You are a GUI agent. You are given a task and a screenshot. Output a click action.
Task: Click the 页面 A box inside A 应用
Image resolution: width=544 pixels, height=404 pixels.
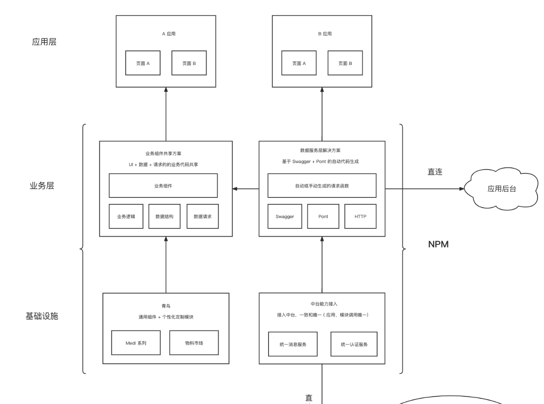tap(143, 63)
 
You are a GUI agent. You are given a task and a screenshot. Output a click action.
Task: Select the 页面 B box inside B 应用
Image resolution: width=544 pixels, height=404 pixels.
tap(345, 63)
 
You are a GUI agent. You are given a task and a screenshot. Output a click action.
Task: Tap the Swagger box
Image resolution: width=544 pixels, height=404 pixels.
tap(284, 216)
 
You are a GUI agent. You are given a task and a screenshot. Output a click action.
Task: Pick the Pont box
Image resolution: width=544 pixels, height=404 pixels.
tap(323, 216)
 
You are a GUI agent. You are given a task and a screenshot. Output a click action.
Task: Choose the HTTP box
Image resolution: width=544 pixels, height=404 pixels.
tap(360, 216)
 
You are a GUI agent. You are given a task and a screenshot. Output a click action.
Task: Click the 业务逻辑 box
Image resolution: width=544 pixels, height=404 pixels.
tap(126, 216)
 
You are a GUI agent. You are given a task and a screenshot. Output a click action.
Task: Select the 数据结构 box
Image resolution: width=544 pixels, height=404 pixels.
tap(164, 216)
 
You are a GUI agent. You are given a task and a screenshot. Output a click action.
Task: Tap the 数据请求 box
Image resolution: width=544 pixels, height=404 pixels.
tap(202, 216)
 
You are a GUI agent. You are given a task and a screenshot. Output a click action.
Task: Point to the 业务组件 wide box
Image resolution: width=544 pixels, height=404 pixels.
tap(163, 186)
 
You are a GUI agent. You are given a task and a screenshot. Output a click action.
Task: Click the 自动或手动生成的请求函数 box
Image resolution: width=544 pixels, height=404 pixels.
tap(321, 186)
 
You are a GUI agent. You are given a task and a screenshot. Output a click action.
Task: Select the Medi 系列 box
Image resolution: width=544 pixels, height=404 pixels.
tap(136, 343)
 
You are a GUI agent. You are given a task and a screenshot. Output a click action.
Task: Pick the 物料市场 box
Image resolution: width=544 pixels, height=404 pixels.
tap(194, 343)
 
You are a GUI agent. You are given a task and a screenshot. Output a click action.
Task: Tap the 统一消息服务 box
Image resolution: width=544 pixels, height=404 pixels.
tap(293, 344)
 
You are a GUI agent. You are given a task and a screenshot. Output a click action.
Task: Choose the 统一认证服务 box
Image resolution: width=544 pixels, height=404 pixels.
tap(354, 344)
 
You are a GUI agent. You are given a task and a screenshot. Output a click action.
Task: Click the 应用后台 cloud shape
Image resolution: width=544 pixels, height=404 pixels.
tap(502, 189)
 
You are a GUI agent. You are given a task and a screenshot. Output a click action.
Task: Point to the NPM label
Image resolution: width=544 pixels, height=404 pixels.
tap(438, 244)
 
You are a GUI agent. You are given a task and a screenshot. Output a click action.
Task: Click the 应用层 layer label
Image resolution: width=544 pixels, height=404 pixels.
tap(44, 42)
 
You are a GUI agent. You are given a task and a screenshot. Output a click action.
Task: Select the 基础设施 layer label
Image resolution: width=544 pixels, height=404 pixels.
tap(42, 316)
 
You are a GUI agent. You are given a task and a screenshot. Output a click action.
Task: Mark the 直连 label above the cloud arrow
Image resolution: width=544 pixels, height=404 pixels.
tap(435, 172)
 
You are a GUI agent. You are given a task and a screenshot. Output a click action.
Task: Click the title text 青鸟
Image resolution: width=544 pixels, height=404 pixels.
tap(166, 306)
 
